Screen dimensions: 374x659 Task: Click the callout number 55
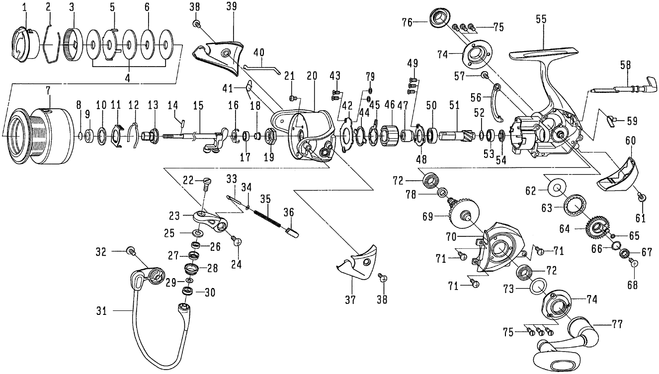(541, 20)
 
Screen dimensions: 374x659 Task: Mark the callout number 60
(630, 141)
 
